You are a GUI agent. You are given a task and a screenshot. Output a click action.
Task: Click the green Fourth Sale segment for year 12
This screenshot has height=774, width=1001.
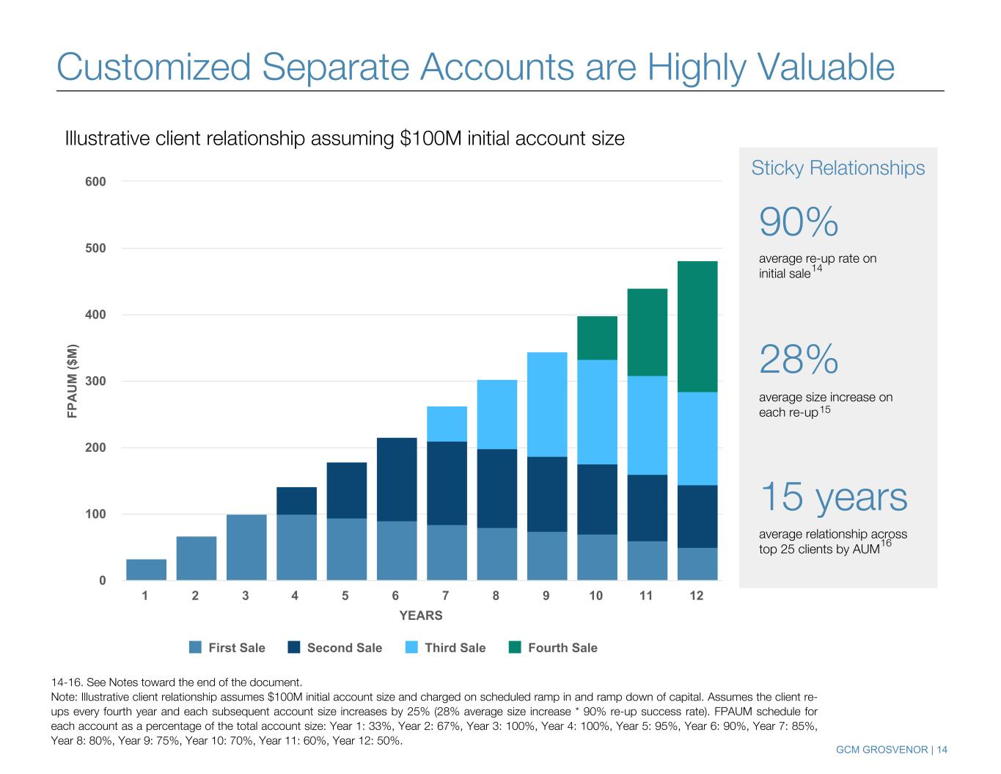697,326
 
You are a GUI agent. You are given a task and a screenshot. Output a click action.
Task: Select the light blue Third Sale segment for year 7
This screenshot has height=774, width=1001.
447,424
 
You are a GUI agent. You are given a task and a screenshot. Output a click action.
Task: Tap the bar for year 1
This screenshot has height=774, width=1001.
146,569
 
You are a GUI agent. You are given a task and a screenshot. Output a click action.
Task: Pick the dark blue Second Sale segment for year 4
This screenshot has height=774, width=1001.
296,500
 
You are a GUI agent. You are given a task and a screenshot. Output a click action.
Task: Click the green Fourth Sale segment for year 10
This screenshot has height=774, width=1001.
597,337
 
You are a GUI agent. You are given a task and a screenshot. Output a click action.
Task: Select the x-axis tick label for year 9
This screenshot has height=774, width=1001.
546,596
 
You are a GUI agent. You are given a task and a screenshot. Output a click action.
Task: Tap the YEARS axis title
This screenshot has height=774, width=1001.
421,616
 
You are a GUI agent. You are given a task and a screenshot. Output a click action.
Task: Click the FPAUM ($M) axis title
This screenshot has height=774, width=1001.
73,381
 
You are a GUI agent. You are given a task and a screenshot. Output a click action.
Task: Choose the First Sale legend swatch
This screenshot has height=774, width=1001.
195,647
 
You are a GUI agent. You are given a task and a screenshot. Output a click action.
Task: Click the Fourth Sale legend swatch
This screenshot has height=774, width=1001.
515,647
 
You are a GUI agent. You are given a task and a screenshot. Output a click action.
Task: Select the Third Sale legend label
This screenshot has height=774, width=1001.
455,648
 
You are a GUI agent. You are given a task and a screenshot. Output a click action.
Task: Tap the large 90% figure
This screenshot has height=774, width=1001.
799,222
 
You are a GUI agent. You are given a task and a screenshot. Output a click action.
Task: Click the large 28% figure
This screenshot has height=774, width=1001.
799,360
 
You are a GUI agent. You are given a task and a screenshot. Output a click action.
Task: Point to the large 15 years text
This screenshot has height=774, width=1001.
834,497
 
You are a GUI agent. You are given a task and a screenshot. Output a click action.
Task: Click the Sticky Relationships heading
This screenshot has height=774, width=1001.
838,168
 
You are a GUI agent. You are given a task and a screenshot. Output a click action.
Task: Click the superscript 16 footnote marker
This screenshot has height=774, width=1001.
886,543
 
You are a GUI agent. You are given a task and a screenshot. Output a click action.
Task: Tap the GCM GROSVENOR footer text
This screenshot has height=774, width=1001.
883,749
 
